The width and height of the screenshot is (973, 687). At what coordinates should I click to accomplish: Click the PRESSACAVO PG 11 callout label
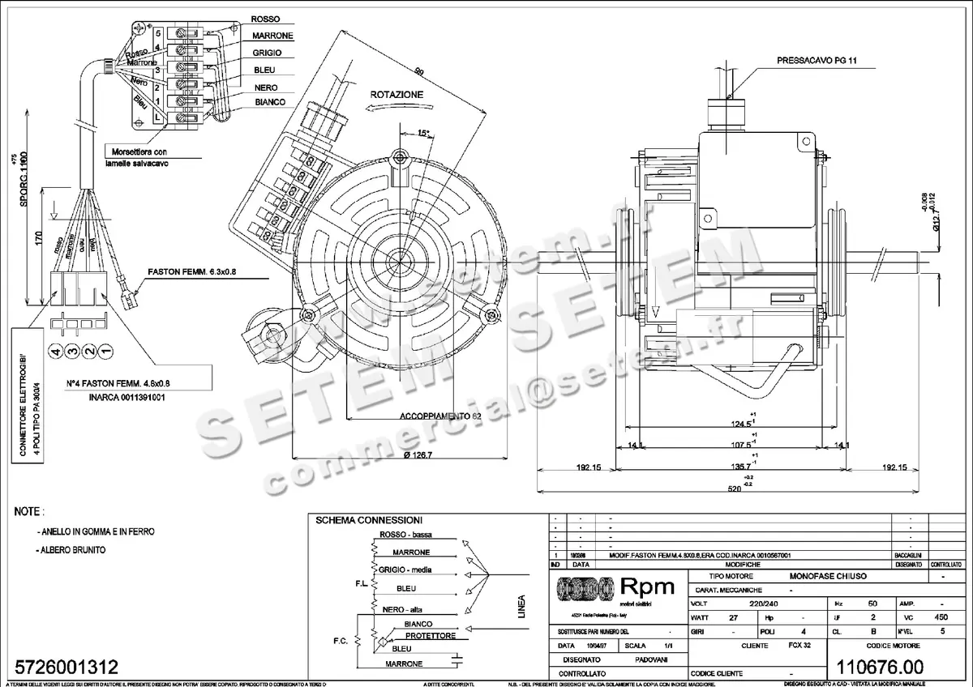[x=817, y=60]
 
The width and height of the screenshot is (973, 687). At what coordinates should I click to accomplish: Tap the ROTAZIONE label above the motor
[x=396, y=95]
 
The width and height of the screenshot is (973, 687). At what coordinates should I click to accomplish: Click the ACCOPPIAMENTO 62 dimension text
[x=440, y=415]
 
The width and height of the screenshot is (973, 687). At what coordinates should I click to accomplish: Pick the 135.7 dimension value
[x=739, y=467]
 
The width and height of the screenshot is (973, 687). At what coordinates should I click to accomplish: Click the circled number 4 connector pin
[x=56, y=351]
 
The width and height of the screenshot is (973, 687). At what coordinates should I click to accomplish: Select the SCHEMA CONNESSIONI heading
[x=368, y=519]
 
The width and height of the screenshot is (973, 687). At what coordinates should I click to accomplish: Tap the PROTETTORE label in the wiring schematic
[x=430, y=636]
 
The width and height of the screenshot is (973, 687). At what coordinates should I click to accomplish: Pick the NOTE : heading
[x=30, y=513]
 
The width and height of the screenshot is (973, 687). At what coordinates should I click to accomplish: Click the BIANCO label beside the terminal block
[x=269, y=102]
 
